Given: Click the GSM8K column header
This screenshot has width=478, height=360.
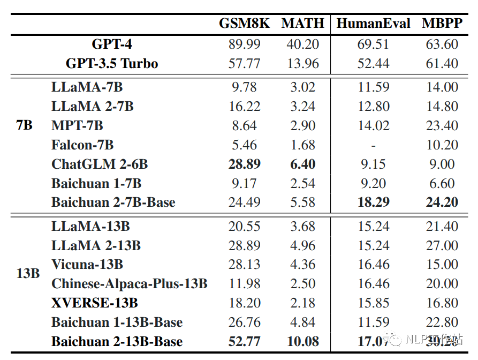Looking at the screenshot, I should click(244, 24).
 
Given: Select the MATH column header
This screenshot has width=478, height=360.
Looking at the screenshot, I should click(303, 24).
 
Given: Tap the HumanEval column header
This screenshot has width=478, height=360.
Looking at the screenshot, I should click(373, 24).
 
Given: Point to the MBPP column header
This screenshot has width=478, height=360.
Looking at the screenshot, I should click(442, 24).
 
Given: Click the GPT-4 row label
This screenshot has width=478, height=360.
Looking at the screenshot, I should click(112, 44).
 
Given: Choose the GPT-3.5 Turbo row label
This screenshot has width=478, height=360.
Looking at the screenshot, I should click(112, 64).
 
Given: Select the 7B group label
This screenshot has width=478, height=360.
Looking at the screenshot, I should click(25, 126).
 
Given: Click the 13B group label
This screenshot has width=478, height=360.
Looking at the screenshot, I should click(28, 273).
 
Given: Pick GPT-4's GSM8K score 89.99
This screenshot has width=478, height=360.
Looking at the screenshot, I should click(244, 44).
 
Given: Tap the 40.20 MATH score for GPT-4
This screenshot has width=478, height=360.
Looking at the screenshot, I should click(303, 44).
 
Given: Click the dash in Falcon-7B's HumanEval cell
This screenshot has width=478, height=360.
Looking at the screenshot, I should click(373, 145).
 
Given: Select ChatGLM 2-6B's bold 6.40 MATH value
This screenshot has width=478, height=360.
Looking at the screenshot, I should click(303, 164).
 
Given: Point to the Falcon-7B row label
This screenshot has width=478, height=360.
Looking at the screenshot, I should click(82, 145).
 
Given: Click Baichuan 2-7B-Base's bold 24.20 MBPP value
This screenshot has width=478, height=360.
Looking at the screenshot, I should click(442, 202).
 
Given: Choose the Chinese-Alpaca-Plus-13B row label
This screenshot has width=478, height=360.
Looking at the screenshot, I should click(129, 284).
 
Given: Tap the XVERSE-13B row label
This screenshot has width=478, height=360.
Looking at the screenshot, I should click(95, 303).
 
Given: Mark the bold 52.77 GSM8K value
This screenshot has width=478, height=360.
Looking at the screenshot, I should click(244, 342).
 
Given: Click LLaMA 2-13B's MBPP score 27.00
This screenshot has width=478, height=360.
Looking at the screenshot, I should click(442, 245).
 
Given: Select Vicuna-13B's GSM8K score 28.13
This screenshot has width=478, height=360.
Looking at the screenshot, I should click(244, 265).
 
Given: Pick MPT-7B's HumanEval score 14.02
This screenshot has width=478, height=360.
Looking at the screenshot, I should click(373, 126).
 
